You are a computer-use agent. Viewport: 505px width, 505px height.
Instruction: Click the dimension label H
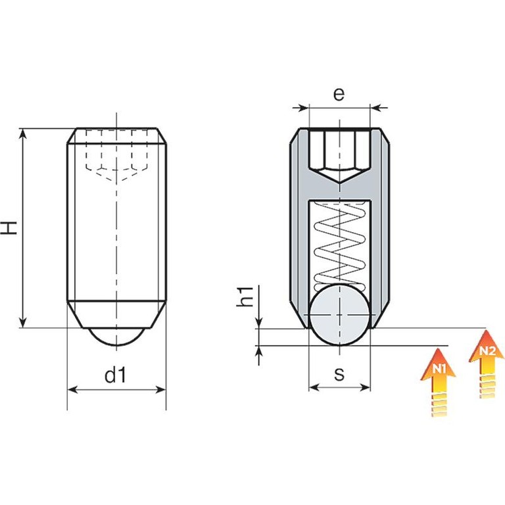point(9,228)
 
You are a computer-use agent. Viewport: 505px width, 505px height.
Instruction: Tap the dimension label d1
point(116,375)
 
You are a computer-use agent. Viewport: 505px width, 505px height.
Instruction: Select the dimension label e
point(339,94)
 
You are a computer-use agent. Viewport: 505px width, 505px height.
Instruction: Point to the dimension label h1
point(245,296)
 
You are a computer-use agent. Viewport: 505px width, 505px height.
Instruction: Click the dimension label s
point(339,374)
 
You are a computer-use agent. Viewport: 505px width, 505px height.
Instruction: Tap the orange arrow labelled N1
point(438,381)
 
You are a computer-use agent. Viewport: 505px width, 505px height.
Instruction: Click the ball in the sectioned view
point(339,314)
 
